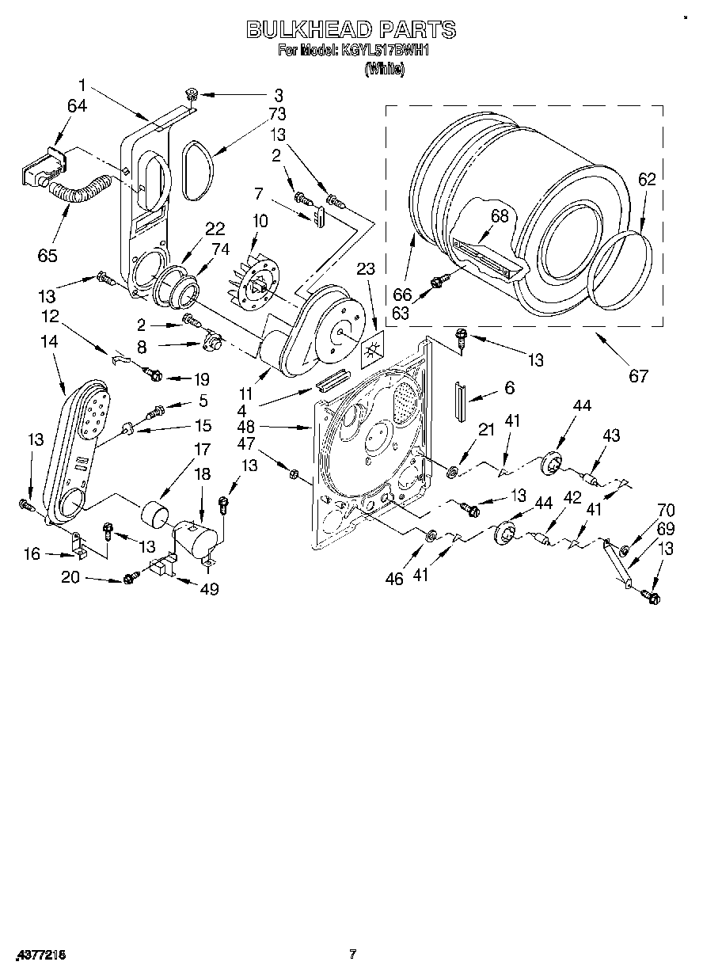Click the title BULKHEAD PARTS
[351, 30]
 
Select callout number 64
[77, 106]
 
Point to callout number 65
[47, 255]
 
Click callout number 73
[276, 114]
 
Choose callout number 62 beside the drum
[647, 179]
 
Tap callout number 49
[209, 588]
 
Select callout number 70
[666, 510]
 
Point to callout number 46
[394, 579]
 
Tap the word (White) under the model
[384, 69]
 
